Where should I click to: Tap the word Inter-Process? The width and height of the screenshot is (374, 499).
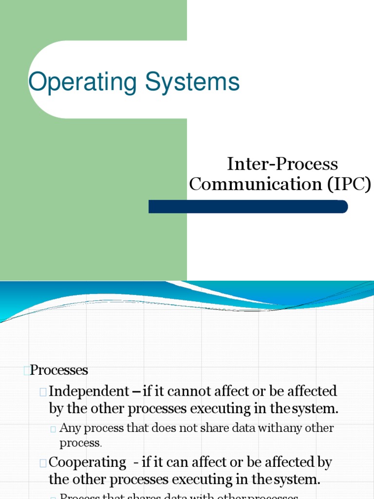point(282,164)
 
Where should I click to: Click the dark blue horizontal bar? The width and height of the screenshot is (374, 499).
point(248,207)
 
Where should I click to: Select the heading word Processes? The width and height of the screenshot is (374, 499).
point(59,370)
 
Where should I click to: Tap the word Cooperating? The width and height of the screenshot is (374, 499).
point(88,461)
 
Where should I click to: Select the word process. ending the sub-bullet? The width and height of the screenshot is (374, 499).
point(80,443)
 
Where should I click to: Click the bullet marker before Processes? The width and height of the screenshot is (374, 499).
point(26,371)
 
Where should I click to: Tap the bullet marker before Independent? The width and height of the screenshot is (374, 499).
point(44,391)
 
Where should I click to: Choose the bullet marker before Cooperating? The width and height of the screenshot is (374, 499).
point(44,462)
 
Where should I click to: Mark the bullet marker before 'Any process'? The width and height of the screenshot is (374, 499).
point(53,429)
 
